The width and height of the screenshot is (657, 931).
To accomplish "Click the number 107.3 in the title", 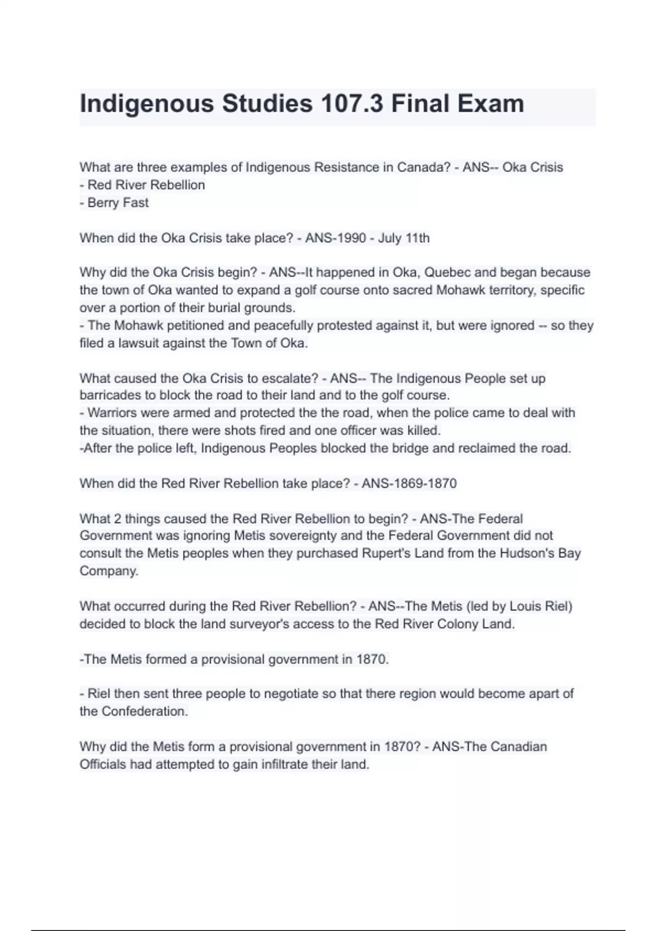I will pos(351,104).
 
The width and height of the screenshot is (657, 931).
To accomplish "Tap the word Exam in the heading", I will pos(491,104).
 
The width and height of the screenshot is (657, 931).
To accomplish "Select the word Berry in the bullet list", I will pos(103,203).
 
